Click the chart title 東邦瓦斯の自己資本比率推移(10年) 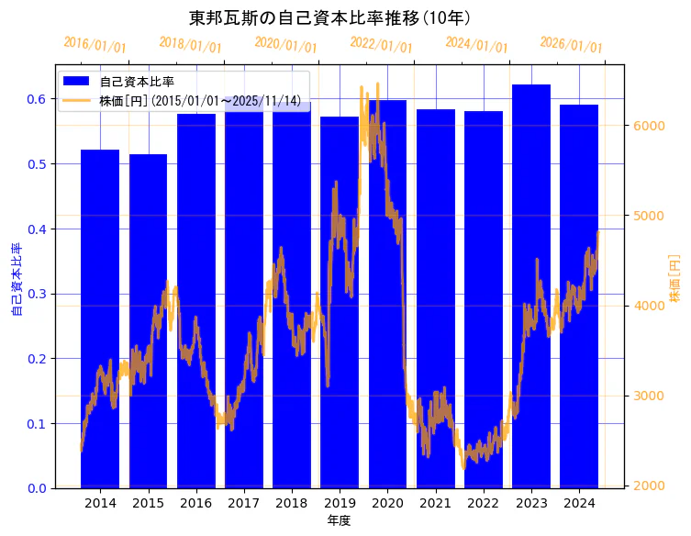(329, 18)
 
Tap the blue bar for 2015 (148, 321)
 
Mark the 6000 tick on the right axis (648, 126)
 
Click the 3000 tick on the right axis (648, 396)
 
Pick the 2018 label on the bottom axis (292, 504)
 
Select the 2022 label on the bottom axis (484, 504)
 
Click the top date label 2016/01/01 (95, 45)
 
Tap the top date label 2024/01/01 (476, 45)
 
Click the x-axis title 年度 (339, 520)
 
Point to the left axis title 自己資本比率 (16, 279)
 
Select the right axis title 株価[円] (674, 279)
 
